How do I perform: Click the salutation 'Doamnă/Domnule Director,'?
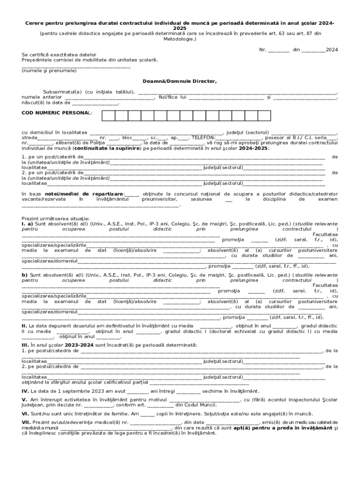180,81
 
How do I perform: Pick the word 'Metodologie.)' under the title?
180,39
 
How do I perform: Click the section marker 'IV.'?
25,391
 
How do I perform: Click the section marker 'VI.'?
25,414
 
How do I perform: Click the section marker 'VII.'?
26,423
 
